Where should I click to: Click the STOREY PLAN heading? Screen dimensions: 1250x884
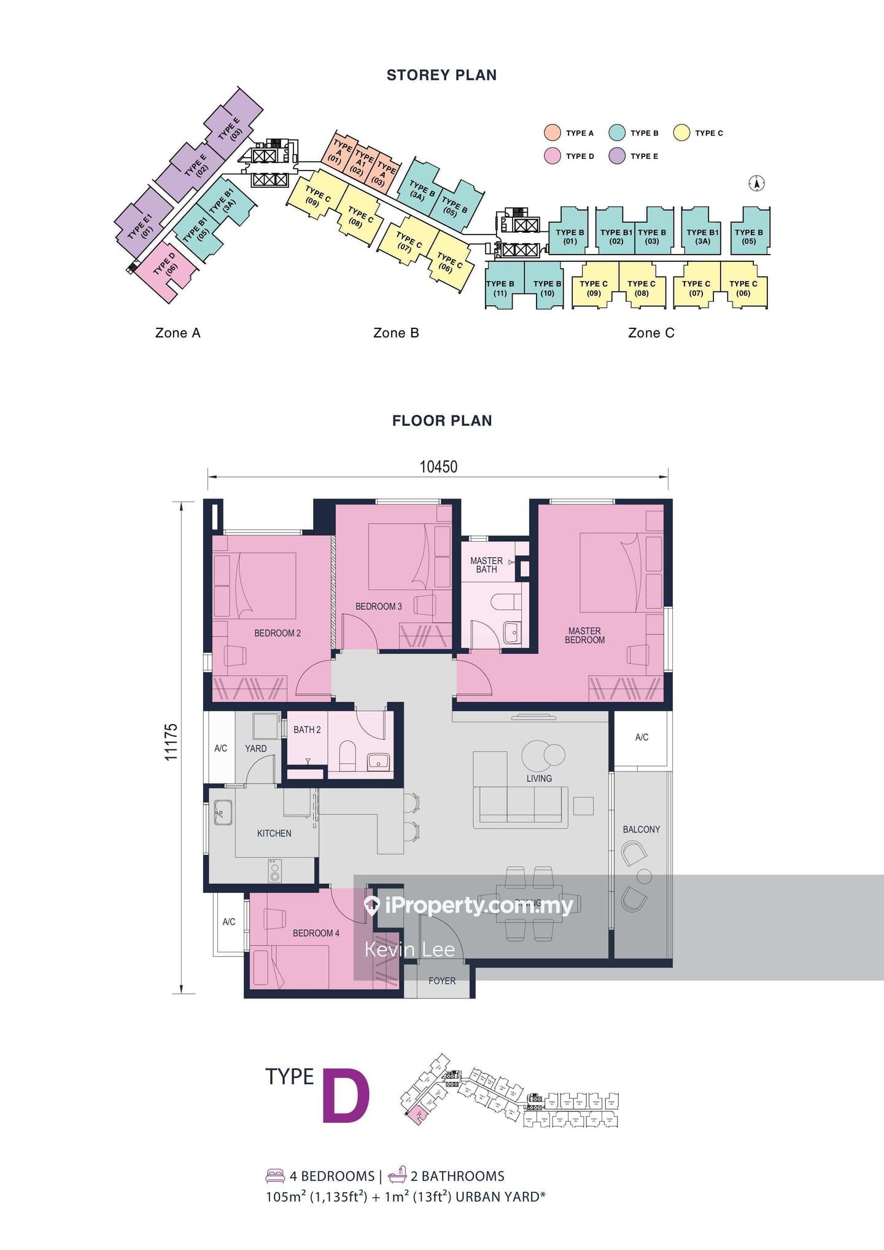441,75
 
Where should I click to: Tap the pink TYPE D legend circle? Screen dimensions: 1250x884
552,156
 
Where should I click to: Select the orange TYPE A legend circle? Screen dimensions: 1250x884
552,133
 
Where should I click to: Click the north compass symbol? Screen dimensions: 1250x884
757,183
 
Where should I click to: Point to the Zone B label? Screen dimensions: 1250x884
396,333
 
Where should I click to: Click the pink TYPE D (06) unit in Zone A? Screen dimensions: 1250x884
165,268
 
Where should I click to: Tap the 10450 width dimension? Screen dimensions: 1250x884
438,467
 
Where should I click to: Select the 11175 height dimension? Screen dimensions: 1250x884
171,743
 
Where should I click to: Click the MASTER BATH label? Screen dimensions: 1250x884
486,565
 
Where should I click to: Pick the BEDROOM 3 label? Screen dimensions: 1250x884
378,606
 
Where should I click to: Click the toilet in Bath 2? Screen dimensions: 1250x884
347,755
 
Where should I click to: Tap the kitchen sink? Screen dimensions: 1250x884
222,812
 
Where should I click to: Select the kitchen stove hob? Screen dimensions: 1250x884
274,870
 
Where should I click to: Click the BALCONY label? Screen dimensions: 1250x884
641,829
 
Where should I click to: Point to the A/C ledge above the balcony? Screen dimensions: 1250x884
641,737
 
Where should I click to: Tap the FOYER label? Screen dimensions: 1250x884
441,981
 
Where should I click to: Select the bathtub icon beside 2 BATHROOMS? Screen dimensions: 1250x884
397,1175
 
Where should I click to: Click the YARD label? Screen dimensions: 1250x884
255,749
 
